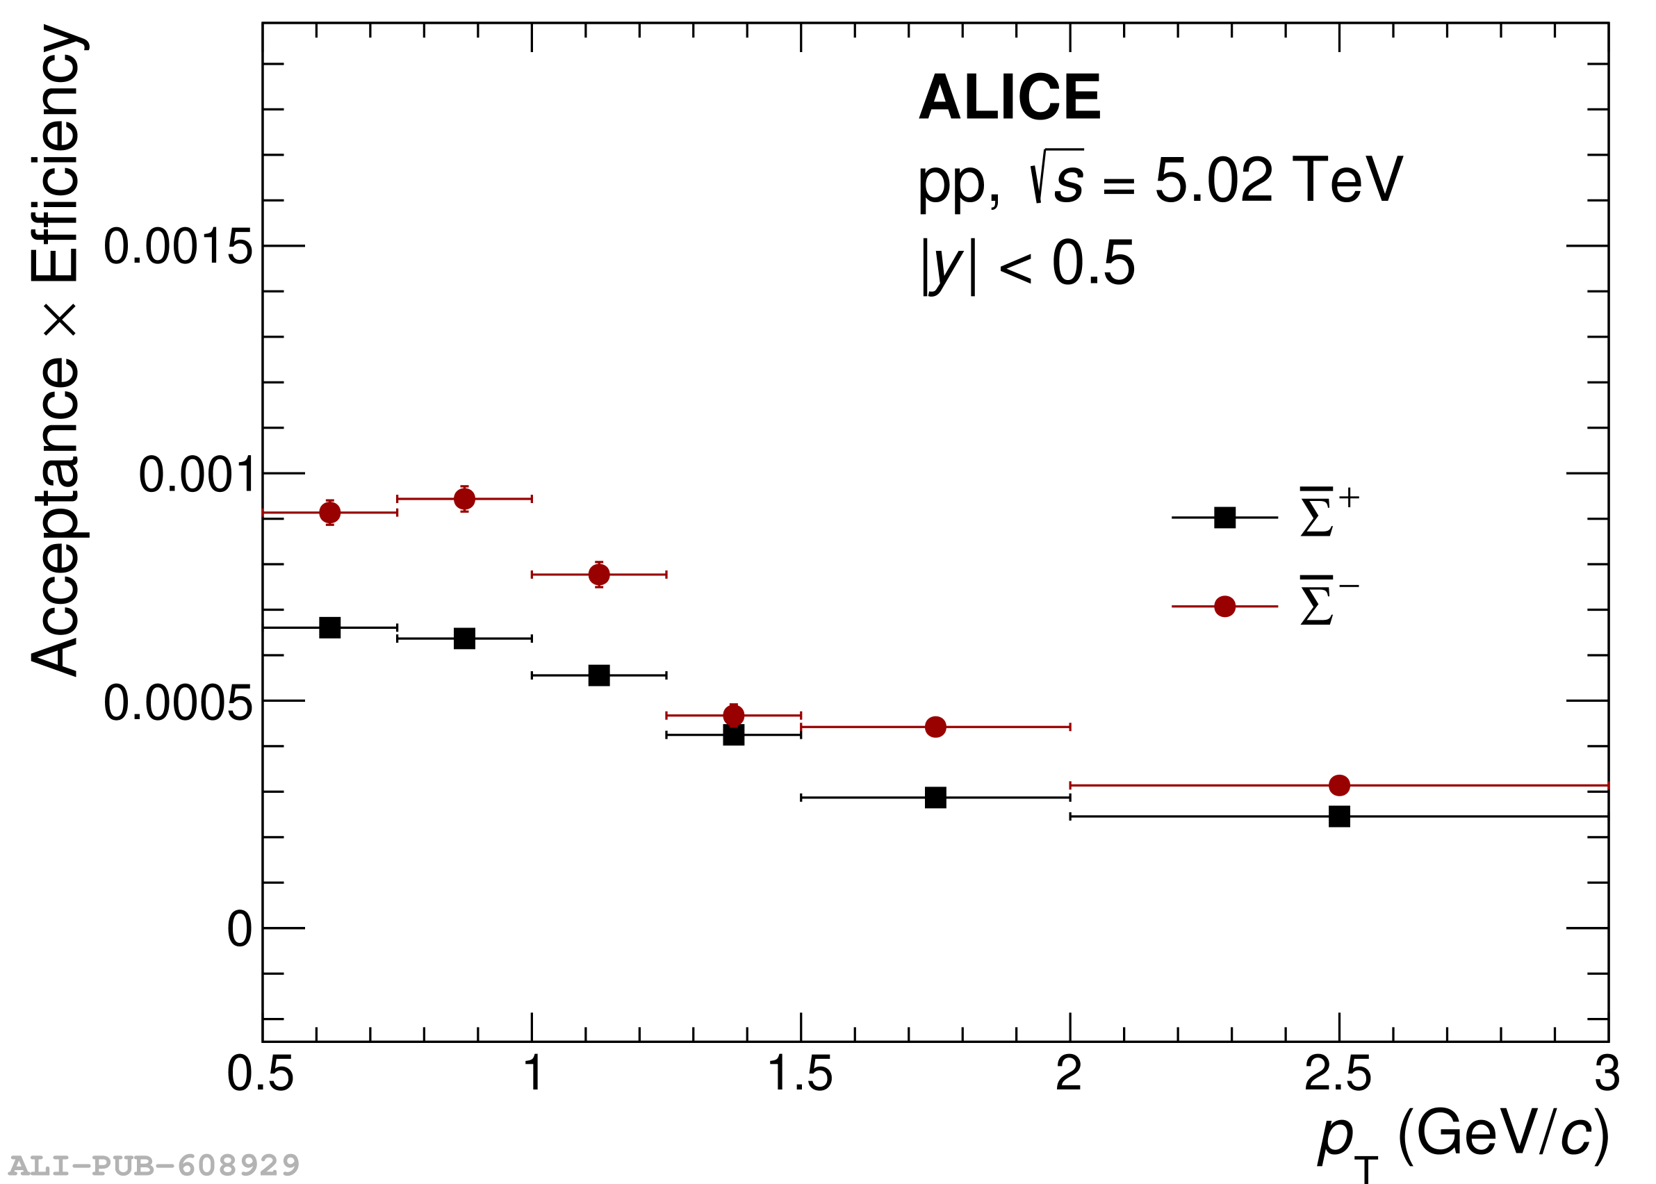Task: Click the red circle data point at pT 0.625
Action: [x=329, y=513]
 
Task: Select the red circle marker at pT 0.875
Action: [x=464, y=499]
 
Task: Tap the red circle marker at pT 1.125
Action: [x=598, y=575]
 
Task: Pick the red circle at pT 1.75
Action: [x=935, y=727]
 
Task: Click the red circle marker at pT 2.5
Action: [x=1340, y=785]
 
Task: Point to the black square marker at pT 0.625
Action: [x=329, y=627]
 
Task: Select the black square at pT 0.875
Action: [x=464, y=639]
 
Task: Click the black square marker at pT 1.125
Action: [x=598, y=676]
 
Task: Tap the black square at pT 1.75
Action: [x=935, y=798]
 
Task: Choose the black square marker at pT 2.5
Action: [x=1340, y=816]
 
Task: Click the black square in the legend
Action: [x=1225, y=518]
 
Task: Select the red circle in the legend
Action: [x=1225, y=607]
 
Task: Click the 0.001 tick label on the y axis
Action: [x=196, y=475]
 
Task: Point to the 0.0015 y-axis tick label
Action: [x=178, y=247]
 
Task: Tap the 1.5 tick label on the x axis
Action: [x=800, y=1075]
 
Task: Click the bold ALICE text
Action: [x=1009, y=98]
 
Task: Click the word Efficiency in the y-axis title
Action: [x=56, y=153]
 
